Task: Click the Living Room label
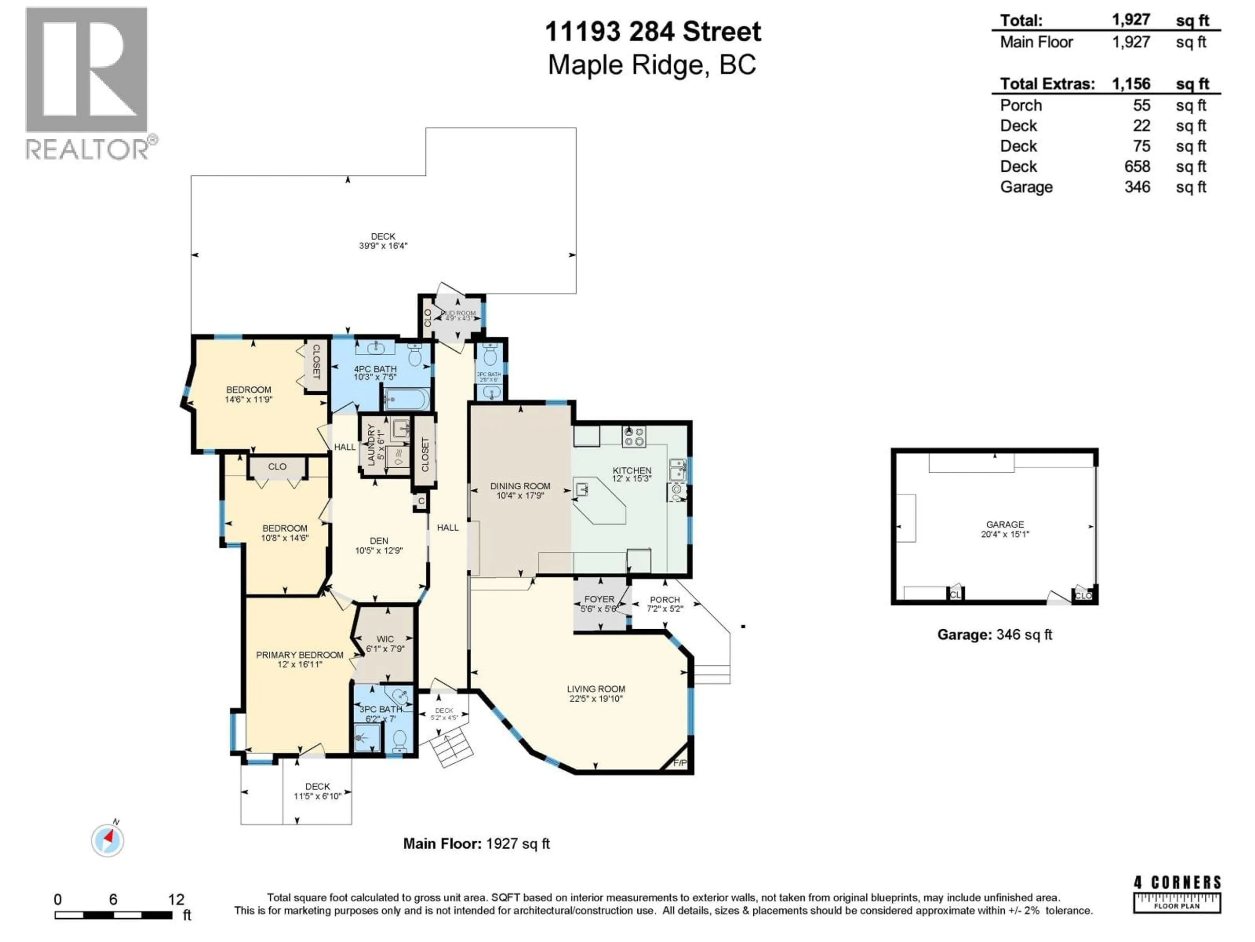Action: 596,693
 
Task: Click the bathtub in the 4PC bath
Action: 406,399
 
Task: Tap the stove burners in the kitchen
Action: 634,436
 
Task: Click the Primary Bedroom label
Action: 300,659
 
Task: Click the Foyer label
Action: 599,603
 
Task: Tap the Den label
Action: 379,545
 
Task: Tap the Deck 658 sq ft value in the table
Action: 1137,166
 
